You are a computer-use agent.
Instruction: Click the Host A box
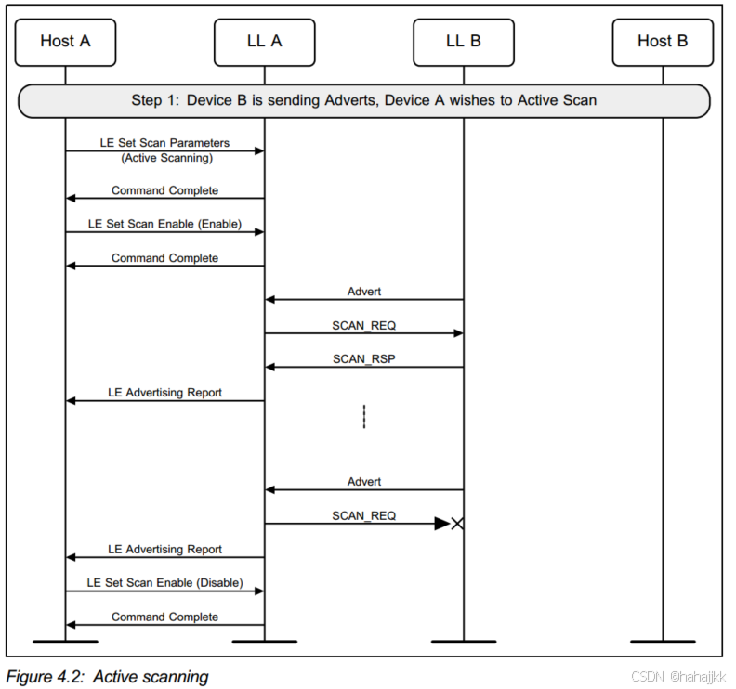(65, 41)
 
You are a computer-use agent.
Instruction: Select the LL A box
(264, 41)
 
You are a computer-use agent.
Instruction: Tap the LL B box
(463, 41)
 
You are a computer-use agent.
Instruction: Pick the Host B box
(663, 41)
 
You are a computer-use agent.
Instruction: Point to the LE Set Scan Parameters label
(164, 144)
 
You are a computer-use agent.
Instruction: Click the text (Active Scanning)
(165, 158)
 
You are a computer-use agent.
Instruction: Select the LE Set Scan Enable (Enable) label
(164, 224)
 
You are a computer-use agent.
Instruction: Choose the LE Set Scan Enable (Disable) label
(164, 582)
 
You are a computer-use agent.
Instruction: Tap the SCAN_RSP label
(364, 358)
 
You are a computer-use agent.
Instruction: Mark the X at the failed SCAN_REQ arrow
(457, 524)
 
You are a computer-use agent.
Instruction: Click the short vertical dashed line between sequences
(364, 416)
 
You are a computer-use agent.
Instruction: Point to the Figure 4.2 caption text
(108, 676)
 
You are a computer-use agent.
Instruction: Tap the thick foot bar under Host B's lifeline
(663, 641)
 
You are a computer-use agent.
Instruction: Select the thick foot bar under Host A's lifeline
(65, 641)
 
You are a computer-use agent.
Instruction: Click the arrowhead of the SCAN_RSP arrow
(270, 367)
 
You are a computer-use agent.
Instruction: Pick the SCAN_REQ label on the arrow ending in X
(364, 515)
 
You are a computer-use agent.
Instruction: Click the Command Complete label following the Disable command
(164, 617)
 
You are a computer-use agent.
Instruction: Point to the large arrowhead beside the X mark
(442, 524)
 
